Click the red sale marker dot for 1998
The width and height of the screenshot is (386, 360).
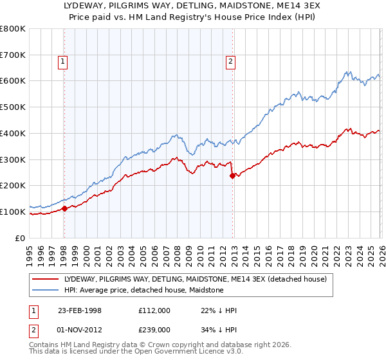pos(65,208)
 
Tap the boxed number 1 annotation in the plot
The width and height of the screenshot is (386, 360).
pos(63,62)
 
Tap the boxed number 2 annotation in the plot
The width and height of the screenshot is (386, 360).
pos(230,62)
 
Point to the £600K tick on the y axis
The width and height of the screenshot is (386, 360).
pos(13,81)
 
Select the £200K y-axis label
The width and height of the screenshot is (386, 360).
pos(13,186)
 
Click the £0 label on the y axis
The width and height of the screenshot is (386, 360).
pos(21,238)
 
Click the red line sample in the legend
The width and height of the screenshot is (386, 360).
pos(45,279)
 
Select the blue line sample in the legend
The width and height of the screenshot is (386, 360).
pos(45,290)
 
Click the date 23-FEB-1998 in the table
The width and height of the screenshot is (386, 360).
pos(80,310)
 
